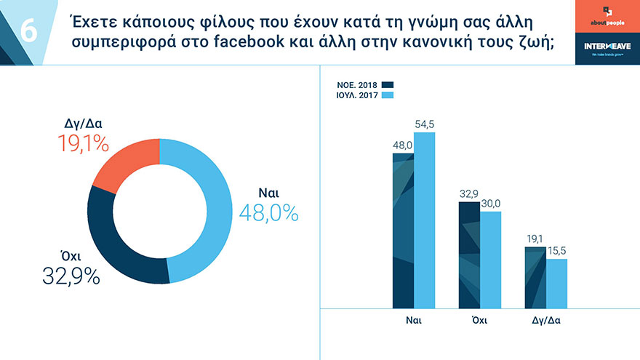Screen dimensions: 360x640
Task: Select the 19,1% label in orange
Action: pos(83,143)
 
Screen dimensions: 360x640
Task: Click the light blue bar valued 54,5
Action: pos(424,220)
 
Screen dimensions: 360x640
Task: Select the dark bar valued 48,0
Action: pos(403,231)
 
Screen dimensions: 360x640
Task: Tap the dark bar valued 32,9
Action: pos(469,255)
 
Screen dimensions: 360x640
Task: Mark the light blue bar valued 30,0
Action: pos(491,260)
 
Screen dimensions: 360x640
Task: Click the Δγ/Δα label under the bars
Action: pos(545,321)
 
